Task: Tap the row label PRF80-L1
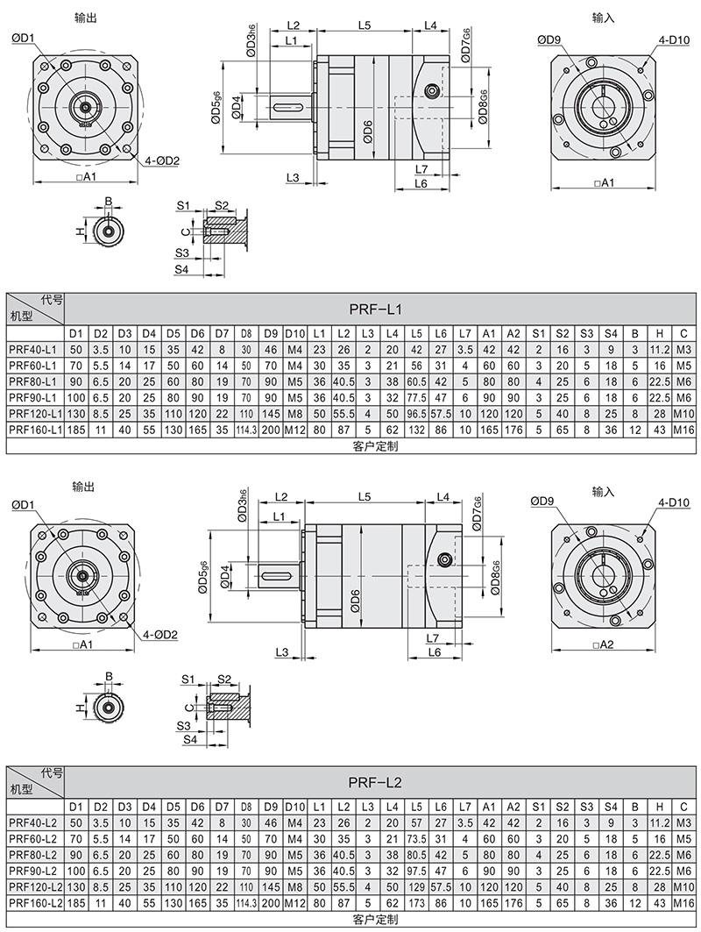tap(33, 381)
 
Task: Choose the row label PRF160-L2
tap(33, 902)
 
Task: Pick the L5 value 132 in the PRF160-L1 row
tap(417, 430)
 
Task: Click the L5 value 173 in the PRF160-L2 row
tap(417, 902)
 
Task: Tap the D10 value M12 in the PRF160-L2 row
tap(294, 902)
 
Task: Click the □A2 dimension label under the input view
tap(603, 645)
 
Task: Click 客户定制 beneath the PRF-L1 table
tap(375, 446)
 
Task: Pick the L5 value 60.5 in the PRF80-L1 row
tap(417, 381)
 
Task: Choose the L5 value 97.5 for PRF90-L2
tap(417, 871)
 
